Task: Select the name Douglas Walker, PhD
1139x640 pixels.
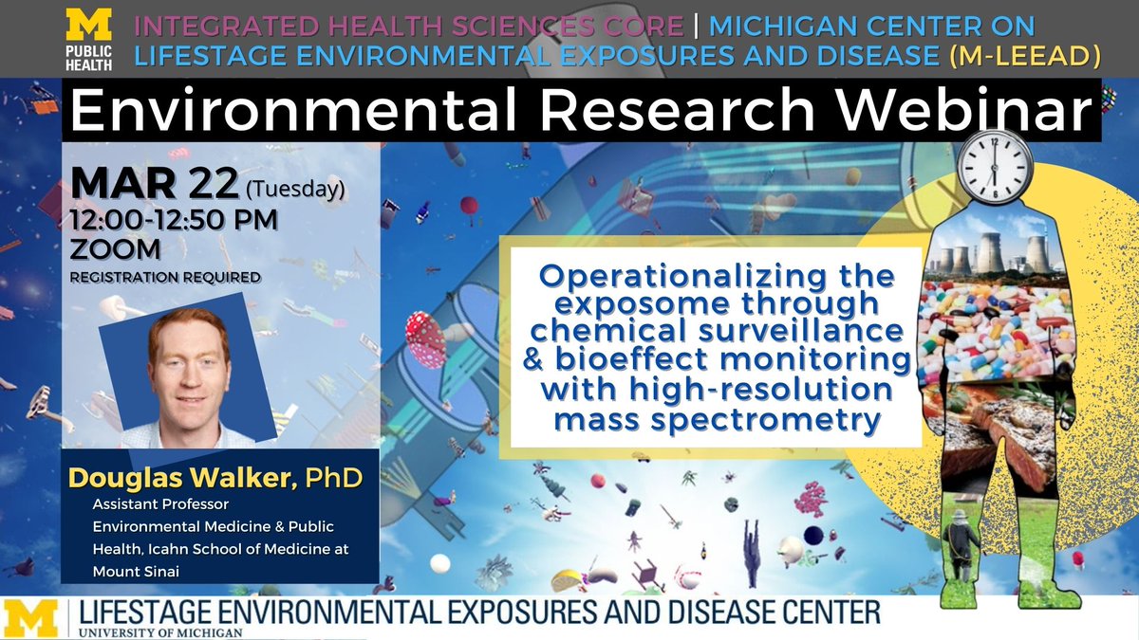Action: pyautogui.click(x=214, y=477)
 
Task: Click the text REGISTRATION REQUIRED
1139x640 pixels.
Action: pyautogui.click(x=163, y=277)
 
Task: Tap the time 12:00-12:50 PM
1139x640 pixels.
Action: pyautogui.click(x=174, y=221)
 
